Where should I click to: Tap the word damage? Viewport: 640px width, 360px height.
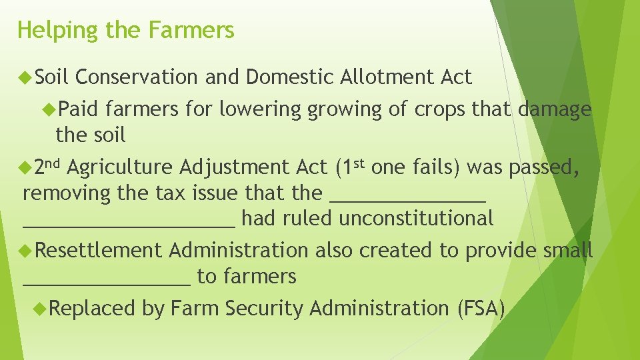pyautogui.click(x=555, y=109)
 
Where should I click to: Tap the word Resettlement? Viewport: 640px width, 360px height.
pyautogui.click(x=98, y=250)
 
